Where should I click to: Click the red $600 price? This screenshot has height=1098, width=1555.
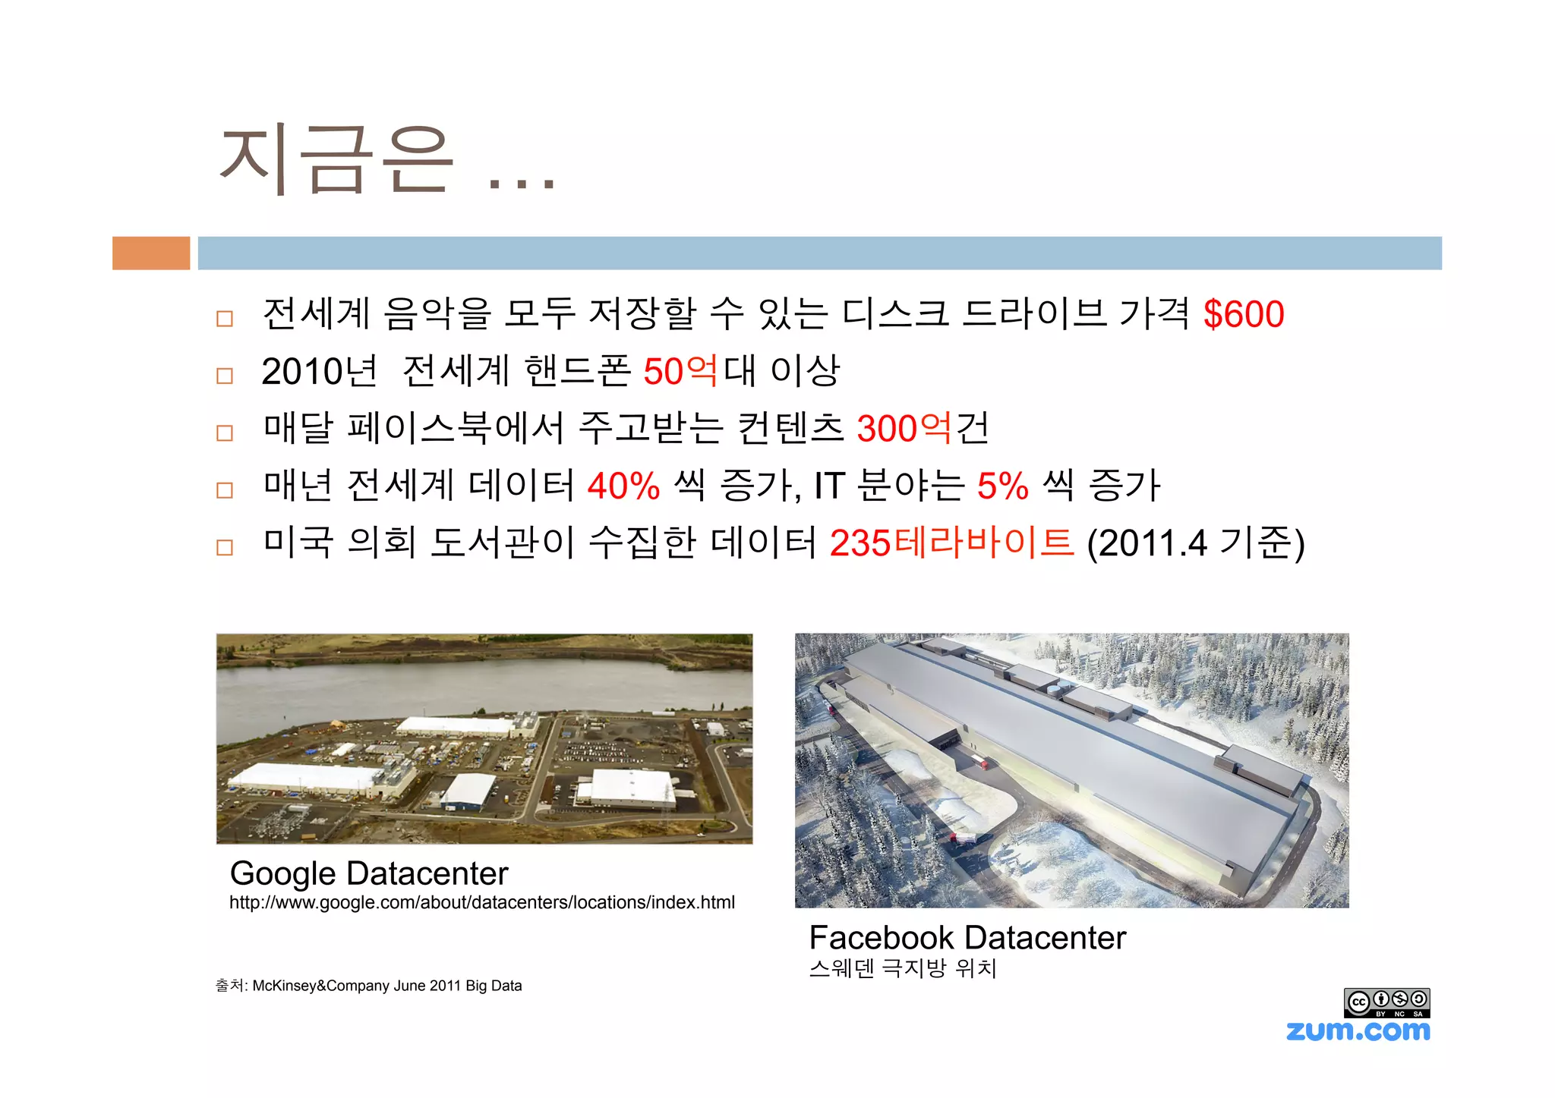coord(1244,314)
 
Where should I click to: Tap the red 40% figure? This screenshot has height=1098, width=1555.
coord(623,486)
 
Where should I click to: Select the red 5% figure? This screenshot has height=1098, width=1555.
coord(1002,486)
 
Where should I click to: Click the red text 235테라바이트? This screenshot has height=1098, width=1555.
coord(952,543)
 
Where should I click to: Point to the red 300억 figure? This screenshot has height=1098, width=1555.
coord(904,429)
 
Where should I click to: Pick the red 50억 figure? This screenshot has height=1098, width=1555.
coord(680,371)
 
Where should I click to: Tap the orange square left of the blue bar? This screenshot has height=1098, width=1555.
coord(151,253)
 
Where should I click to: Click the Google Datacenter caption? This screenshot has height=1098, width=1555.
coord(369,873)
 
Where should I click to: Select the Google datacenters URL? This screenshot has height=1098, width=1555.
coord(482,902)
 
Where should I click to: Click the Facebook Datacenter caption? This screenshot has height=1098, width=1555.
coord(967,938)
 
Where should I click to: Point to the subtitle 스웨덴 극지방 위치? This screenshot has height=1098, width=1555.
coord(903,968)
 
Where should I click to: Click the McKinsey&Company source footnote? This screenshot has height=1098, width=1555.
coord(369,986)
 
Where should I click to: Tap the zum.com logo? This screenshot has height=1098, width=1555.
coord(1358,1030)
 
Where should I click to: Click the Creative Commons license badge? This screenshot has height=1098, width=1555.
coord(1386,1002)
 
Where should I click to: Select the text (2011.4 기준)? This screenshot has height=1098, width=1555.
coord(1196,543)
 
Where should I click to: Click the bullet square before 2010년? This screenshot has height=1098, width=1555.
coord(225,376)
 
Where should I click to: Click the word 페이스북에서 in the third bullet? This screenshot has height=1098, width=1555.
coord(456,429)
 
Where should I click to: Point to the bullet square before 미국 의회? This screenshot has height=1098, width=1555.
coord(225,547)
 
